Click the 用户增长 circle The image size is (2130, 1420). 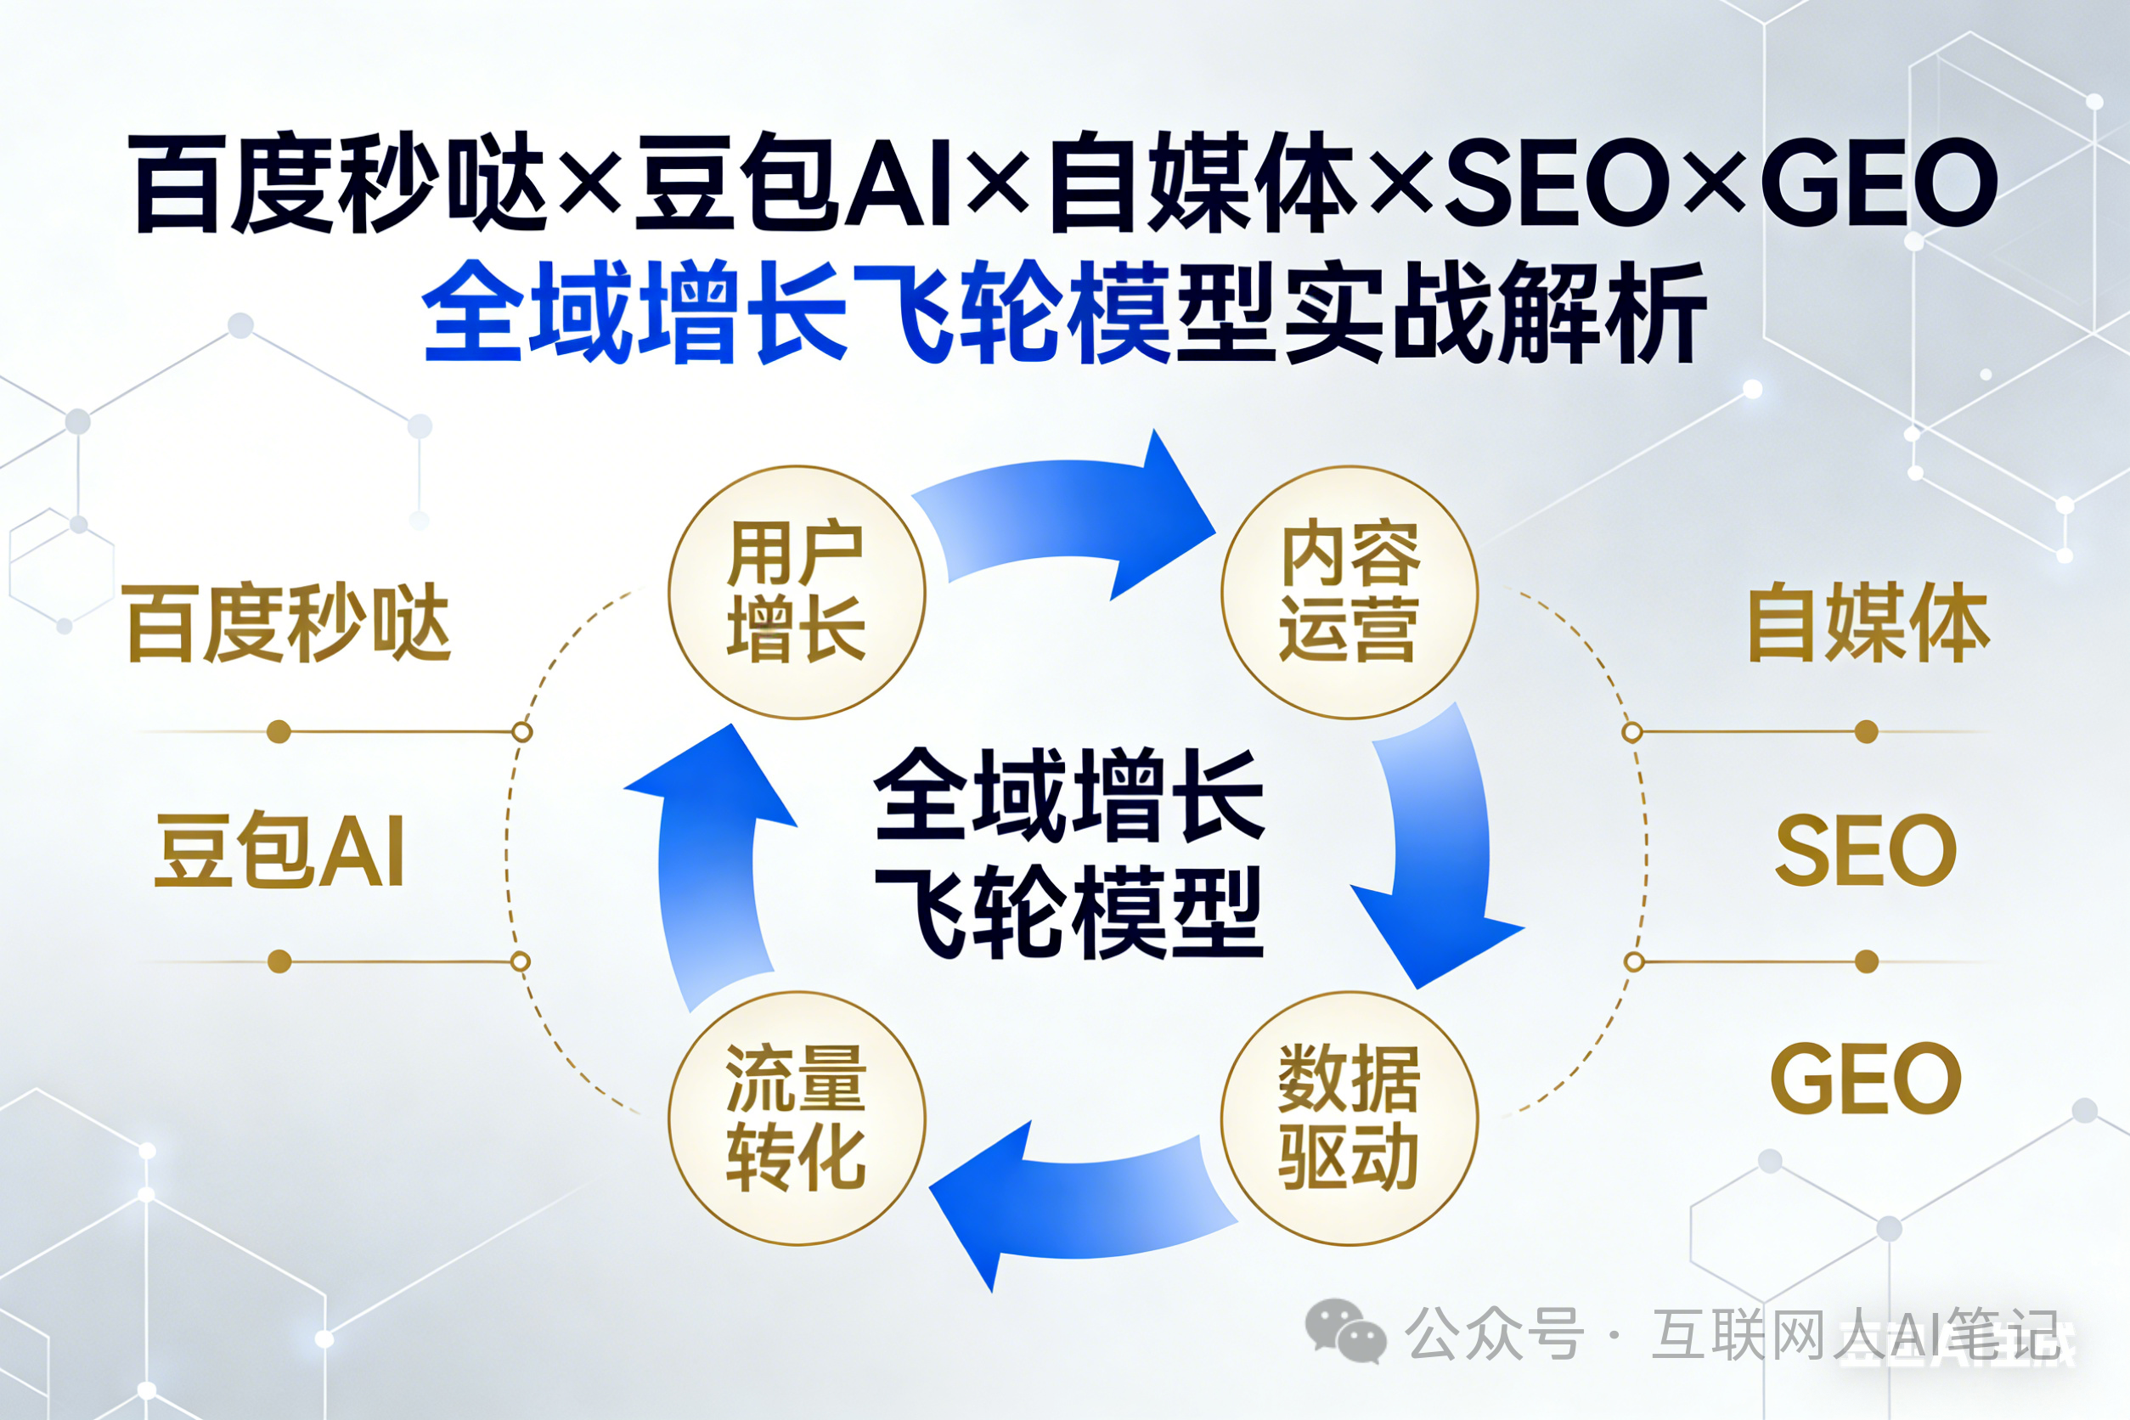pyautogui.click(x=797, y=592)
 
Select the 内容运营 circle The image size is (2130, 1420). pyautogui.click(x=1350, y=592)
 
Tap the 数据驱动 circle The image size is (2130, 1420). pyautogui.click(x=1350, y=1118)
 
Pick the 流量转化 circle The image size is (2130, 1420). pyautogui.click(x=797, y=1118)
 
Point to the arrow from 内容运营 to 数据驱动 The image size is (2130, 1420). pyautogui.click(x=1440, y=851)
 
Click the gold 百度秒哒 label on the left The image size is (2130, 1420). pyautogui.click(x=288, y=623)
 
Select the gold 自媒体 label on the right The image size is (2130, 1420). pyautogui.click(x=1868, y=623)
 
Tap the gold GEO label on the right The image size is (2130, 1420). pyautogui.click(x=1866, y=1078)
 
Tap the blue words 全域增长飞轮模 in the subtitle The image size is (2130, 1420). pyautogui.click(x=797, y=313)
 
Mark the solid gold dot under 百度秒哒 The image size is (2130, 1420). pyautogui.click(x=279, y=732)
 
